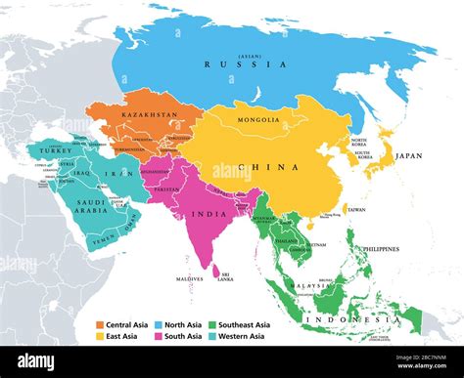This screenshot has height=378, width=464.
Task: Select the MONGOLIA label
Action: pos(257,120)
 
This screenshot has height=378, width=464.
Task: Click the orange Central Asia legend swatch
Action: pos(100,324)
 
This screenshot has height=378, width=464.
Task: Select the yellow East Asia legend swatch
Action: pos(100,336)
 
